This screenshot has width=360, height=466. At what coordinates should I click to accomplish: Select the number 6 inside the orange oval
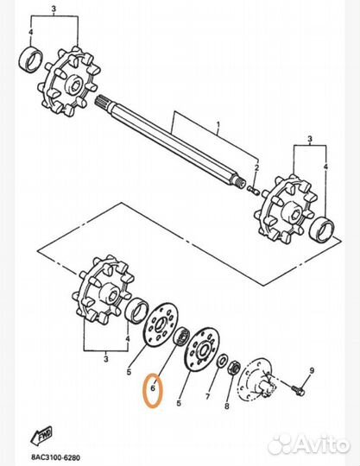[151, 389]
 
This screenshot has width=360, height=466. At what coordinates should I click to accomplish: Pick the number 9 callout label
[312, 371]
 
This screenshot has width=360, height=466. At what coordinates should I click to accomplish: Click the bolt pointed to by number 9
[299, 389]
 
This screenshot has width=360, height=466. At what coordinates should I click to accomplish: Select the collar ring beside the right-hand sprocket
[323, 230]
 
